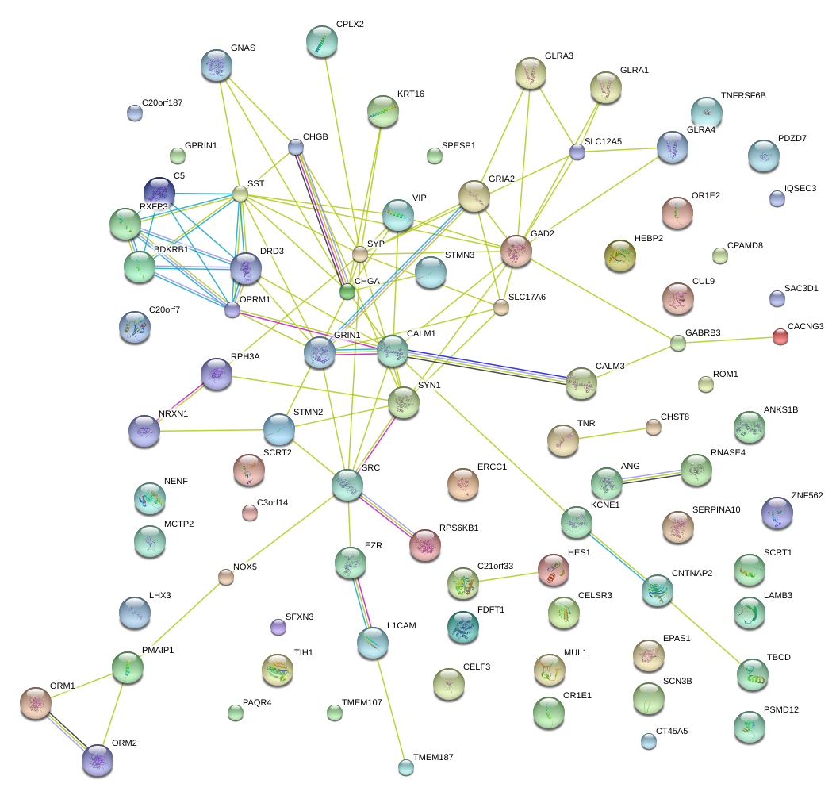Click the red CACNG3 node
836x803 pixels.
pyautogui.click(x=780, y=337)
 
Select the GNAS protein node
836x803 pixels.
pyautogui.click(x=217, y=65)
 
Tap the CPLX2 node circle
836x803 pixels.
pyautogui.click(x=322, y=41)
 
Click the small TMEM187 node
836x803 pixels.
pyautogui.click(x=405, y=766)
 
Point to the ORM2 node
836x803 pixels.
pyautogui.click(x=98, y=760)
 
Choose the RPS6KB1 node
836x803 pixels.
pyautogui.click(x=424, y=545)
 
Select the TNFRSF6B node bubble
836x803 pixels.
pyautogui.click(x=706, y=112)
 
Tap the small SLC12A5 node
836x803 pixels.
pyautogui.click(x=577, y=152)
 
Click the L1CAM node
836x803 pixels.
pyautogui.click(x=372, y=644)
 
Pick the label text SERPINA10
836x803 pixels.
pyautogui.click(x=716, y=509)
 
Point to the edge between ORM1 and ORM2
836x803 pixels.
pyautogui.click(x=67, y=731)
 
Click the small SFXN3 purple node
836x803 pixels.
pyautogui.click(x=278, y=627)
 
